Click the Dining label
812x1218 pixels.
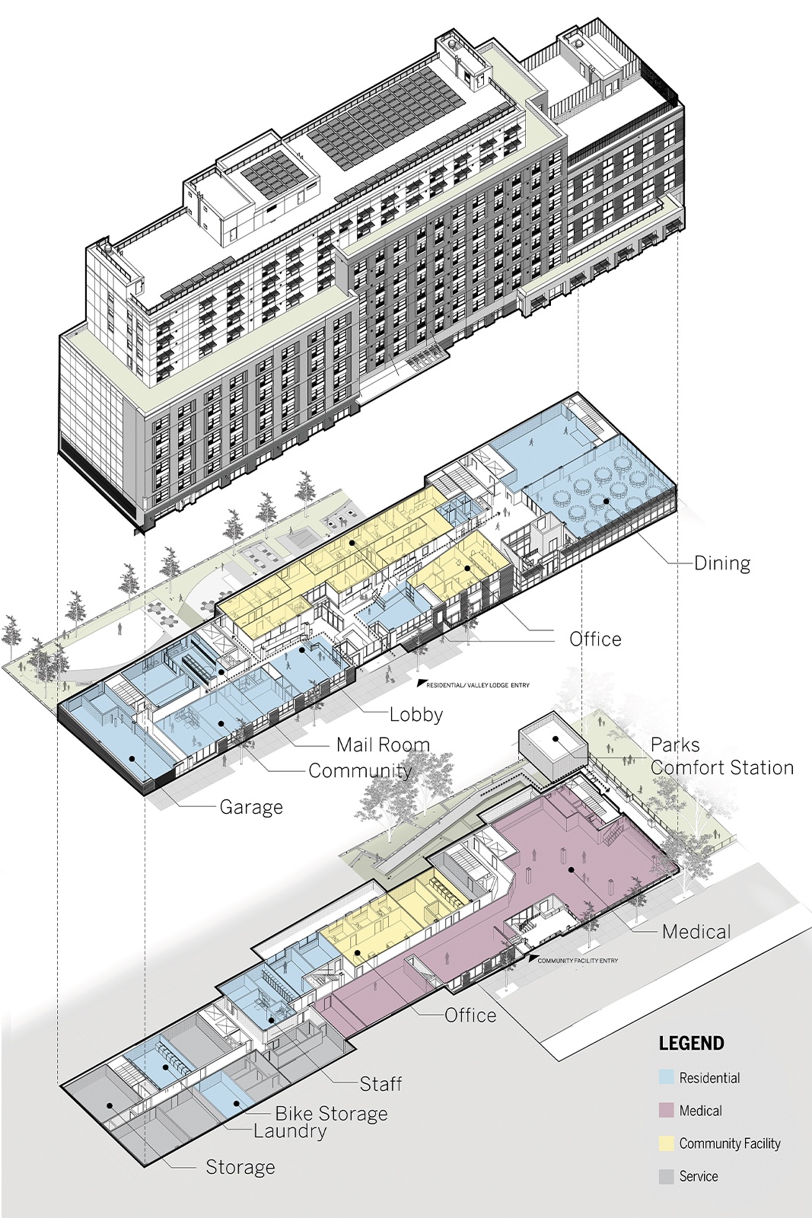coord(722,563)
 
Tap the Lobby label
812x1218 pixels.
coord(416,715)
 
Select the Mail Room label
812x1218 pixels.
coord(383,745)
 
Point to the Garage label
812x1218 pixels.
coord(251,807)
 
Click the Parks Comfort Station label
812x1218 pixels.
coord(721,757)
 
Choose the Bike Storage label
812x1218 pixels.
coord(332,1098)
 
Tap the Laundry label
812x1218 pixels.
coord(290,1116)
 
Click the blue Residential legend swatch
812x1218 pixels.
coord(667,1077)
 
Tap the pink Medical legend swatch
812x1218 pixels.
coord(667,1111)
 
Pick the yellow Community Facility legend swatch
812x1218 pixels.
coord(667,1143)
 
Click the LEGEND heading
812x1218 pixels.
coord(691,1043)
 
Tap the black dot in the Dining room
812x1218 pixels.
coord(606,499)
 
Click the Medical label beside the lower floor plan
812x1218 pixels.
coord(696,932)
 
